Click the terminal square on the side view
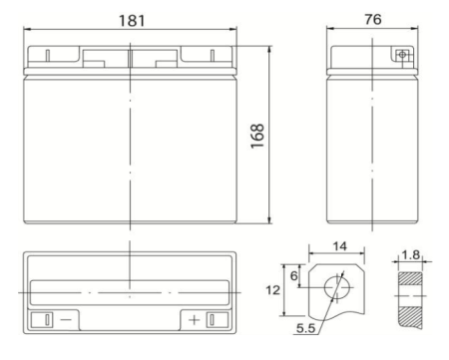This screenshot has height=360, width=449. coord(402,55)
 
